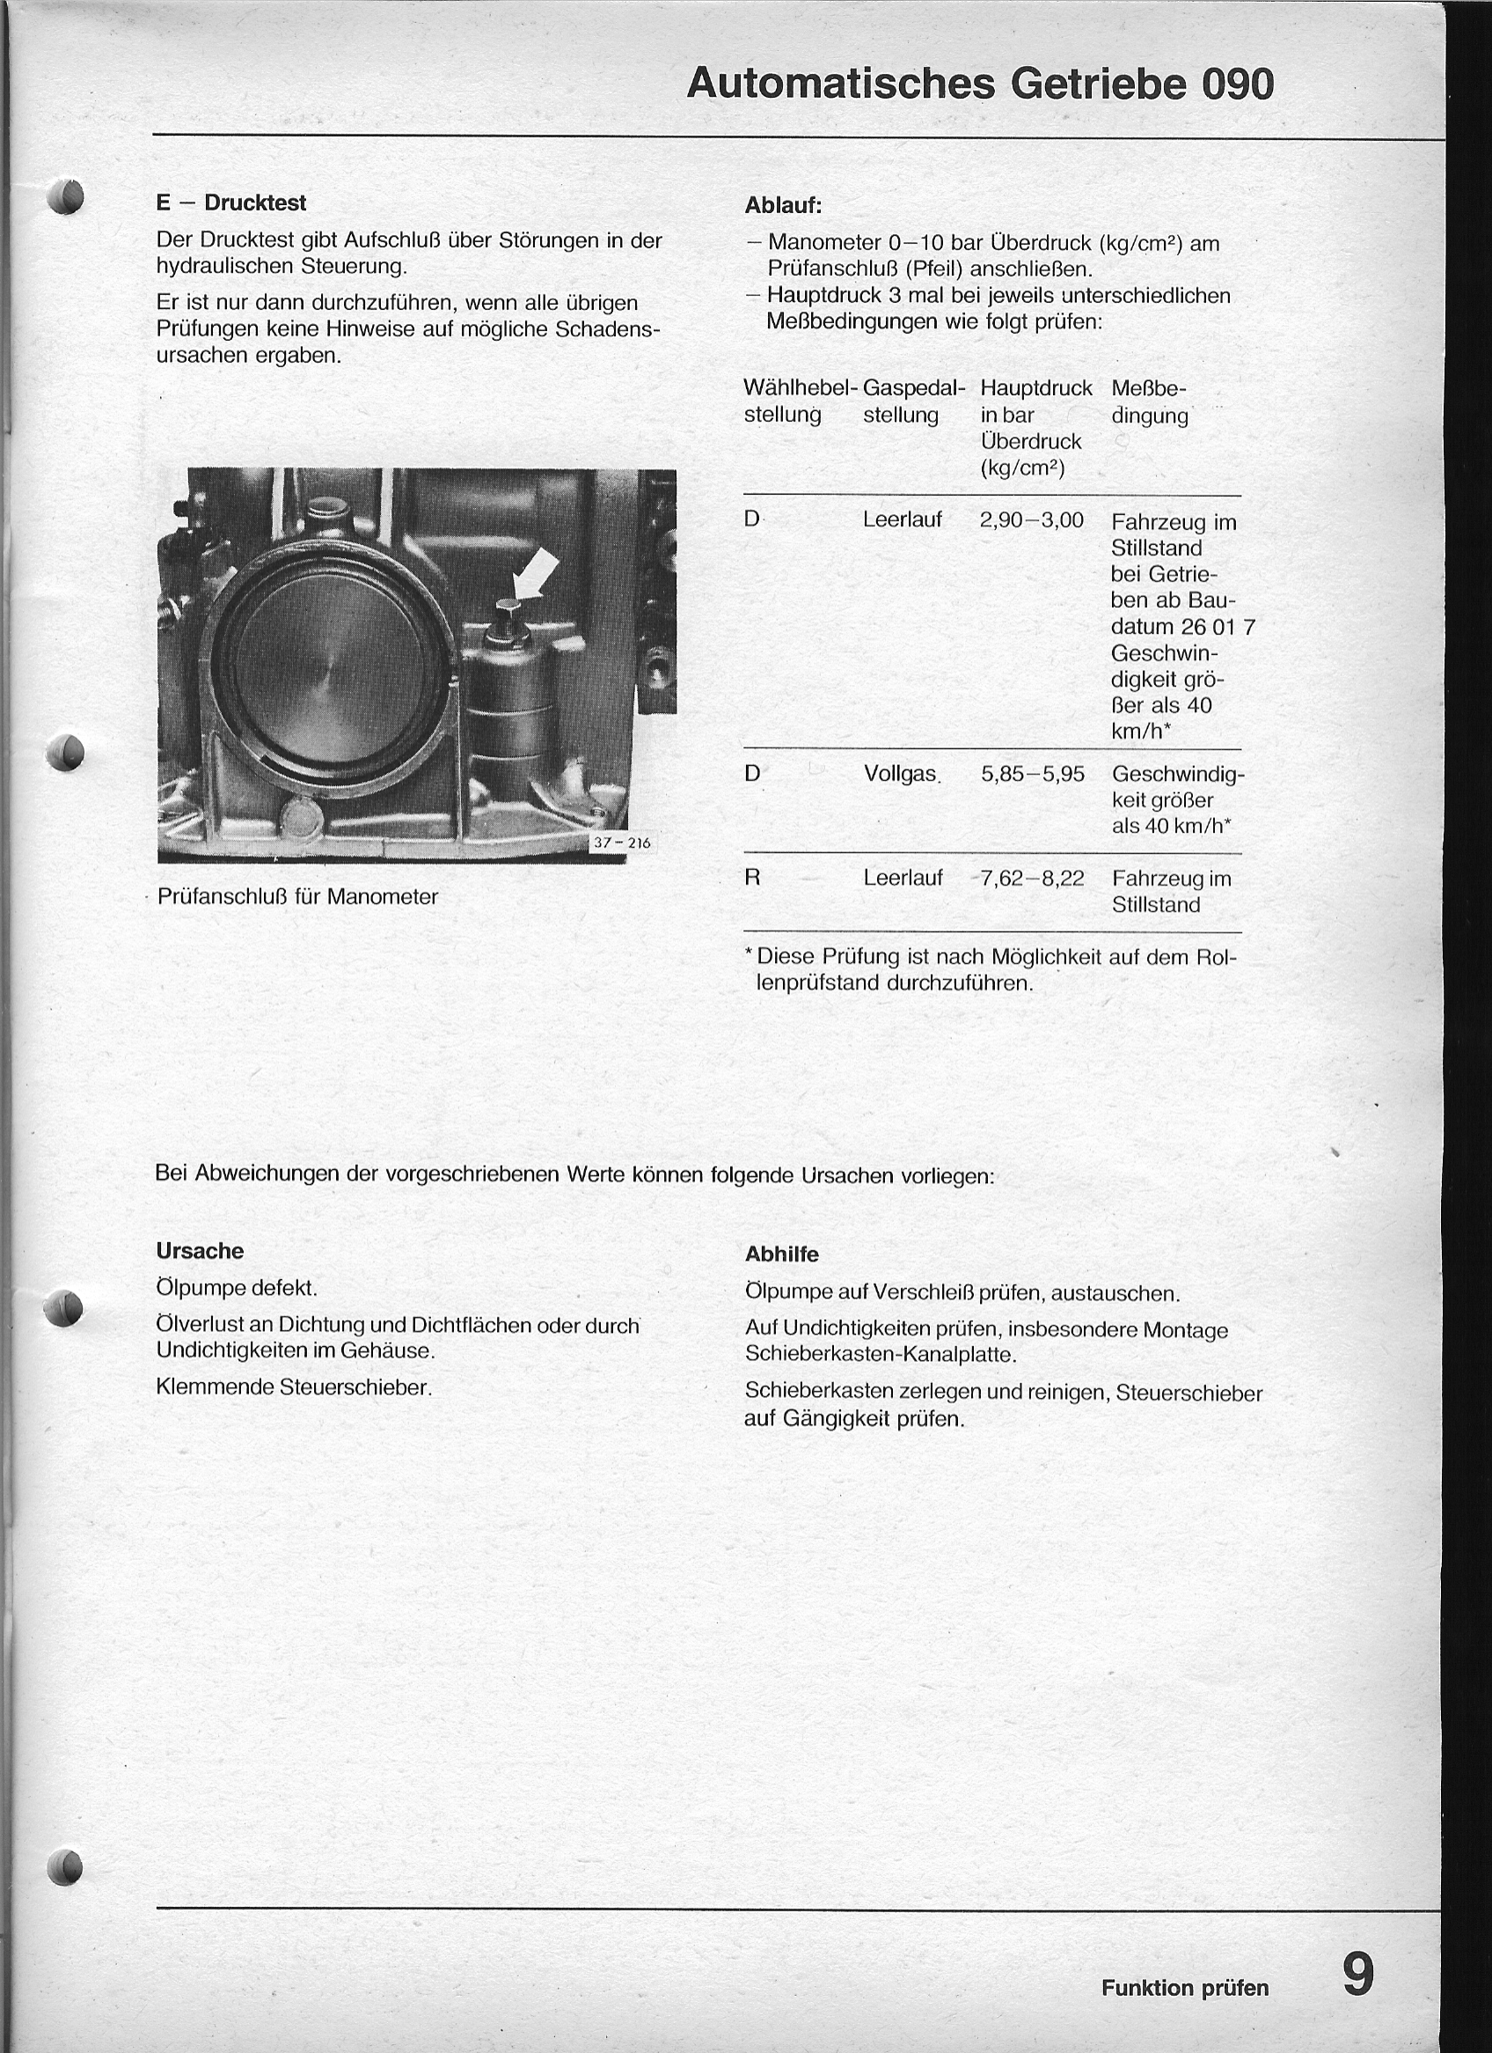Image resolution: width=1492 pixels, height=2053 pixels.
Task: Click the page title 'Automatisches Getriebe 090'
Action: [980, 85]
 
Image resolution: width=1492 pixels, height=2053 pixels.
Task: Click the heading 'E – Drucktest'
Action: [230, 202]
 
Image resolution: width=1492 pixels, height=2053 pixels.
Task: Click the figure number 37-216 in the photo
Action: [622, 843]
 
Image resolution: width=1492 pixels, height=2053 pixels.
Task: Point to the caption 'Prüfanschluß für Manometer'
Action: [296, 897]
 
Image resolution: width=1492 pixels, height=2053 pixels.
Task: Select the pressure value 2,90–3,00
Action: [1031, 520]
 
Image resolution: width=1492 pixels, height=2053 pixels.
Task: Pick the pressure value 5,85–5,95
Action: [1033, 774]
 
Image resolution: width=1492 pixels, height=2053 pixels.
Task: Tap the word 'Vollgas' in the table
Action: [900, 774]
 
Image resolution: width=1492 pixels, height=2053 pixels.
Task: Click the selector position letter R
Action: [752, 878]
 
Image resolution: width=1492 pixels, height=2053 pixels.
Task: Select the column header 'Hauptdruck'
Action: [1036, 388]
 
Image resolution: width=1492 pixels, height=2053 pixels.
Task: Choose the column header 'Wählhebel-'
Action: [800, 388]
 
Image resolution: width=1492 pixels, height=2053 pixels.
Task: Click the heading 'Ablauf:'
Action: [783, 205]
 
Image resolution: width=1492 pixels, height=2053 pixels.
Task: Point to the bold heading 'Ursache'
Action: [200, 1251]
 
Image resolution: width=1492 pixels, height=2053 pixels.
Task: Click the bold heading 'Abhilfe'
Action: [782, 1254]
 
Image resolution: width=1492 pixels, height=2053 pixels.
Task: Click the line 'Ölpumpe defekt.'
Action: [237, 1287]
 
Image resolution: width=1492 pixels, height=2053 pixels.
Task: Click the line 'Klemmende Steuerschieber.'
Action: [294, 1387]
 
